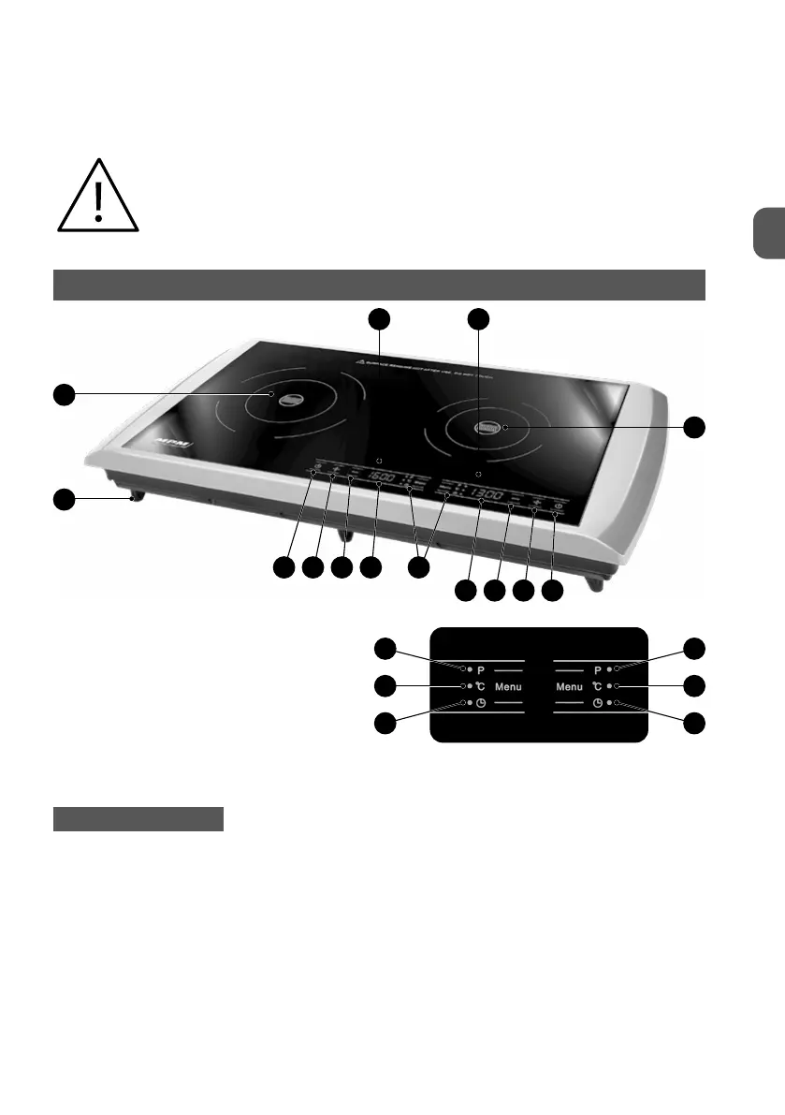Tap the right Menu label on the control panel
tap(570, 686)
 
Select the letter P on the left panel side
tap(482, 670)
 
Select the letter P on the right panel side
tap(596, 670)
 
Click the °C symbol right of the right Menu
tap(596, 686)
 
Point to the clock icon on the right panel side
tap(596, 703)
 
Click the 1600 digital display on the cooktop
tap(382, 478)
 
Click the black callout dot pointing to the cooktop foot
tap(63, 499)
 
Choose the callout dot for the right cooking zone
tap(692, 427)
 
